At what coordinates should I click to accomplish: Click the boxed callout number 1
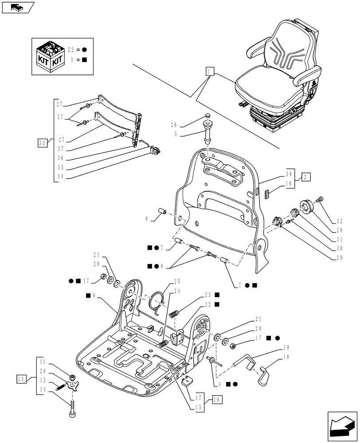(210, 71)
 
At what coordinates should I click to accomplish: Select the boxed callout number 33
(43, 142)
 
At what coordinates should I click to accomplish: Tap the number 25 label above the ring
(177, 281)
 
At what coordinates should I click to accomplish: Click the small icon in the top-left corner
(18, 7)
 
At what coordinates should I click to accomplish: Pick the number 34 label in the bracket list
(59, 176)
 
